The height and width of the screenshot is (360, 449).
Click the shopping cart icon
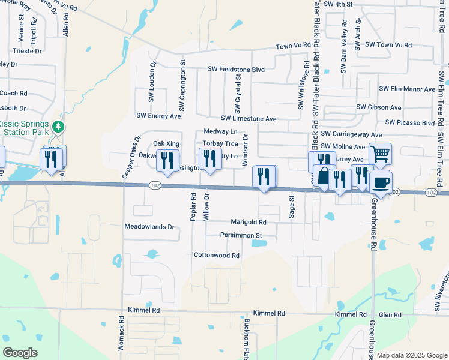click(380, 154)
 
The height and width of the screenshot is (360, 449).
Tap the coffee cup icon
click(380, 182)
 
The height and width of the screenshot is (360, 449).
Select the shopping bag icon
click(324, 176)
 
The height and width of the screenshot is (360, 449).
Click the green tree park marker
click(58, 127)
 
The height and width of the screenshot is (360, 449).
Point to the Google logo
click(20, 352)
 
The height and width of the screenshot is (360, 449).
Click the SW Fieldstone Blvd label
click(237, 70)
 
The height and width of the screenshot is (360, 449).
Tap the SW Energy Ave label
click(158, 116)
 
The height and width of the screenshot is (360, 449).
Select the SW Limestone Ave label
click(248, 119)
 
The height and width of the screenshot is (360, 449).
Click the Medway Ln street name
click(220, 131)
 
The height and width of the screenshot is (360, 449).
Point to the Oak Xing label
click(166, 143)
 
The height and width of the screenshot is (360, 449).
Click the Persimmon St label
click(241, 235)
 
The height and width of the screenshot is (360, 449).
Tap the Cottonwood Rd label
click(216, 255)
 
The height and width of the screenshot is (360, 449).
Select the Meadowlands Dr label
click(149, 227)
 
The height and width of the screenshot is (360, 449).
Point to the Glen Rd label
click(390, 314)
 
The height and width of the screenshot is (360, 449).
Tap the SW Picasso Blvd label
click(410, 122)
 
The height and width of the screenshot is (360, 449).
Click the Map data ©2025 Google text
click(411, 355)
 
